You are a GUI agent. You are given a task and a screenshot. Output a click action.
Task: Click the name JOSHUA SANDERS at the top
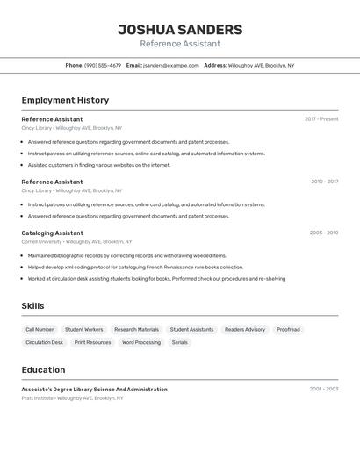(180, 30)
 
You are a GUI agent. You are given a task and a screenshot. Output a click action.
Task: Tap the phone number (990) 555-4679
(103, 65)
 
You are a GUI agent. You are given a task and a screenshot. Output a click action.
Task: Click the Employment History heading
(65, 100)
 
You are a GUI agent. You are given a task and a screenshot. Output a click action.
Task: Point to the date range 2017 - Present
(321, 119)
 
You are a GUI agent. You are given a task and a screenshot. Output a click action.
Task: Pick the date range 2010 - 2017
(324, 182)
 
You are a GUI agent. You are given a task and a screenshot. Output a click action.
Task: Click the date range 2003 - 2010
(324, 232)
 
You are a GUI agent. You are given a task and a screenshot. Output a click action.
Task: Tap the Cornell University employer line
(76, 241)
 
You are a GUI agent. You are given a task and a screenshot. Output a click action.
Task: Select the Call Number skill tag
(40, 329)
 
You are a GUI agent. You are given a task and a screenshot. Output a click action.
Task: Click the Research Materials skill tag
(137, 329)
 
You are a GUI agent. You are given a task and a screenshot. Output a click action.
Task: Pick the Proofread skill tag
(288, 329)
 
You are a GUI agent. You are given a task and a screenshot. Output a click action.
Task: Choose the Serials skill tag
(180, 342)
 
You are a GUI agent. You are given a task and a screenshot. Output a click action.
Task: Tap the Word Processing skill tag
(141, 342)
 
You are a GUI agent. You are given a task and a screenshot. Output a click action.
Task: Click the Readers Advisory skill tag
(245, 329)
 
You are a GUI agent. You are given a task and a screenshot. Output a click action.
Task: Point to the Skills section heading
(32, 306)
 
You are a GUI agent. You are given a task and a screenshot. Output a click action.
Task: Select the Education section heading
(43, 370)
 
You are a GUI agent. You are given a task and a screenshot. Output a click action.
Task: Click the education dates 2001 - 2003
(324, 389)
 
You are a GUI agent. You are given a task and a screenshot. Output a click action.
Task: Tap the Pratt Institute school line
(72, 397)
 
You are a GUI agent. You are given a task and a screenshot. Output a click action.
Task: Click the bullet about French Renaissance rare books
(135, 267)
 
